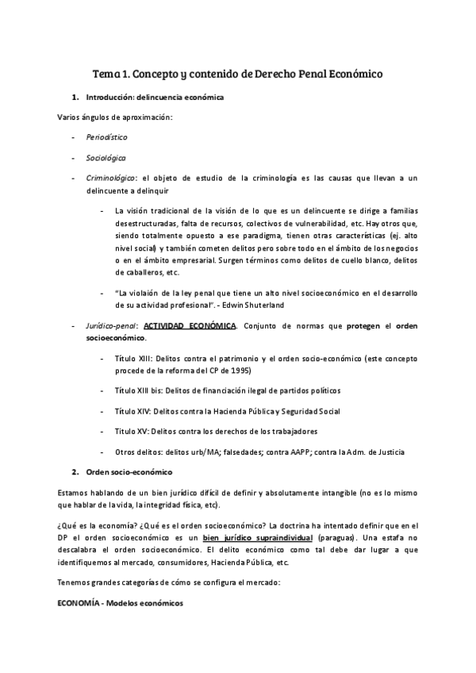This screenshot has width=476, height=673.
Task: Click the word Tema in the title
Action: coord(106,74)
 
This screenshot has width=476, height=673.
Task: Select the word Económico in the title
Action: coord(353,74)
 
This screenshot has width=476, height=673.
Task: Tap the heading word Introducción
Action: coord(109,97)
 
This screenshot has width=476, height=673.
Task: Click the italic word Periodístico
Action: coord(107,137)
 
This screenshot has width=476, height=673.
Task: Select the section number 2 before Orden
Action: coord(74,472)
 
